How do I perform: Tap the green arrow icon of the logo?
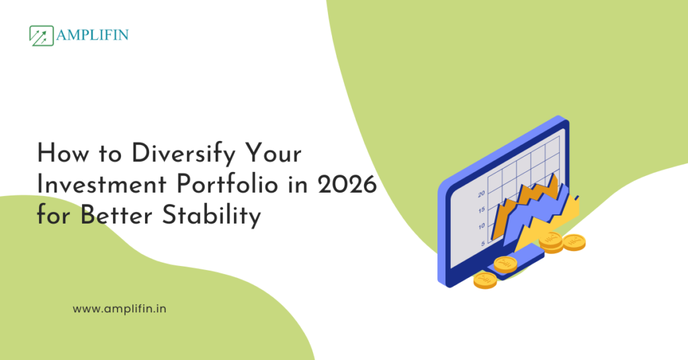click(x=42, y=36)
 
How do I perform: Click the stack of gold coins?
click(x=551, y=242)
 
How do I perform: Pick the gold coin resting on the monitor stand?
click(x=505, y=263)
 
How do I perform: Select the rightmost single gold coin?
click(x=574, y=241)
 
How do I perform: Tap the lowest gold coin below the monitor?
click(x=484, y=280)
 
